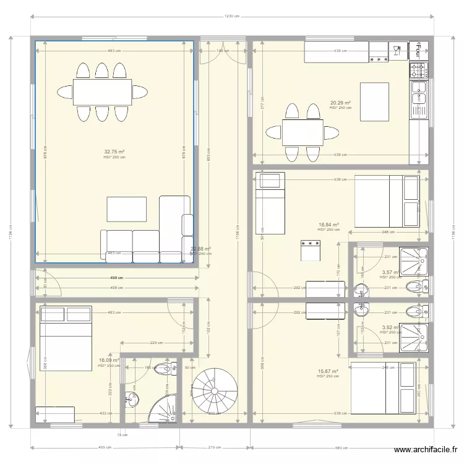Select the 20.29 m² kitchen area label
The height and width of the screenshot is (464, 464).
pos(340,103)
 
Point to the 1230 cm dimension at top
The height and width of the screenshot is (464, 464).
pos(232,17)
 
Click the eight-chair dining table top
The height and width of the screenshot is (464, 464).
pos(102,92)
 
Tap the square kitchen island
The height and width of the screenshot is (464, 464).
pos(374,102)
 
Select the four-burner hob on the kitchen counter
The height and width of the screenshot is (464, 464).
pos(419,70)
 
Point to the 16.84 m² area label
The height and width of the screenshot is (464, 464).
pos(329,225)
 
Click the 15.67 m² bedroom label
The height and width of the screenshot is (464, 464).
pos(327,371)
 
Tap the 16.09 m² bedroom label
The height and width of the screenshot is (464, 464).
pos(109,360)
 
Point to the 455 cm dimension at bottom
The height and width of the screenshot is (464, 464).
pos(105,447)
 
